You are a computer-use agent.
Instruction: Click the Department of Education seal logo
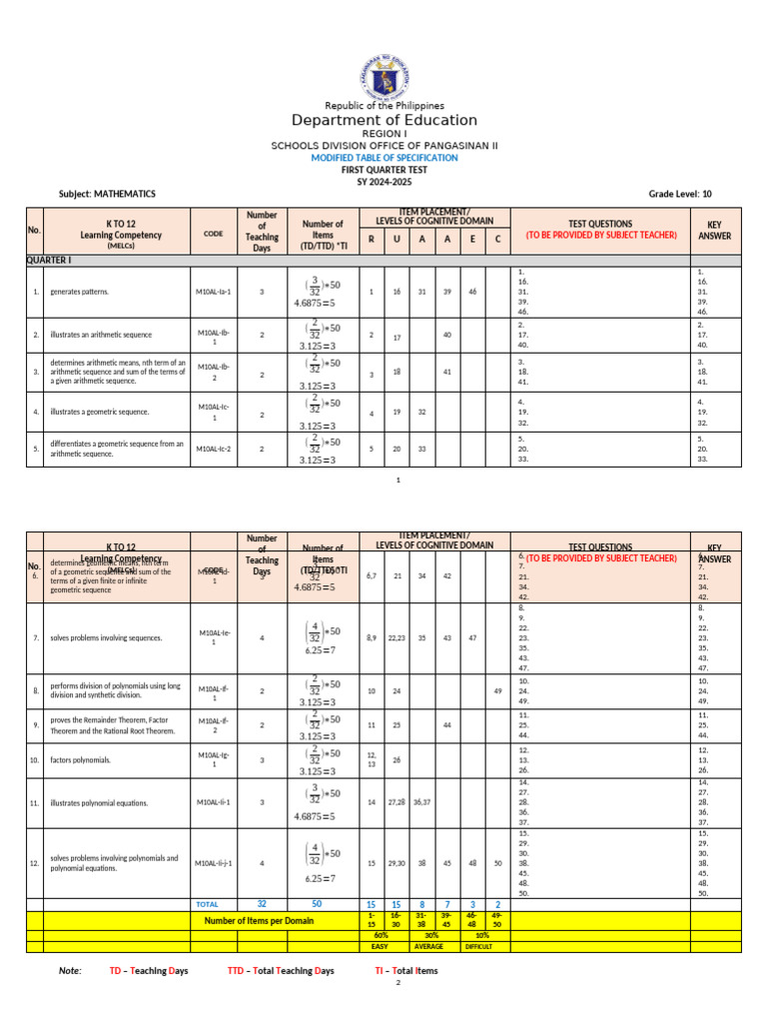(383, 71)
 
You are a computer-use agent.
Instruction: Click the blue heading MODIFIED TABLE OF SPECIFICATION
(384, 158)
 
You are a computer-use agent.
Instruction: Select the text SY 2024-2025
(384, 181)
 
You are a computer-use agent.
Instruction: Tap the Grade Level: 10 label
(680, 194)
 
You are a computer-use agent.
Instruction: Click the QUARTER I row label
(49, 259)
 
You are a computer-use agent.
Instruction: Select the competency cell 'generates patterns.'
(80, 292)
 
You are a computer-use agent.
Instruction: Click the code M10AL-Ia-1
(214, 292)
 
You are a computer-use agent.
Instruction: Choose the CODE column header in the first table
(213, 233)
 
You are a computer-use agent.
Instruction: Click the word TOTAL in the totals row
(208, 904)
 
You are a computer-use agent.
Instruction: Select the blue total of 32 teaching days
(262, 903)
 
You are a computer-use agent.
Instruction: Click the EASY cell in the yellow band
(380, 945)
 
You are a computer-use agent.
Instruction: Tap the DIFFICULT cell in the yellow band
(478, 945)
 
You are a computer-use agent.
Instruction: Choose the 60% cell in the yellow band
(381, 934)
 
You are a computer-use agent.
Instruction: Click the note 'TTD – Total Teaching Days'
(281, 970)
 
